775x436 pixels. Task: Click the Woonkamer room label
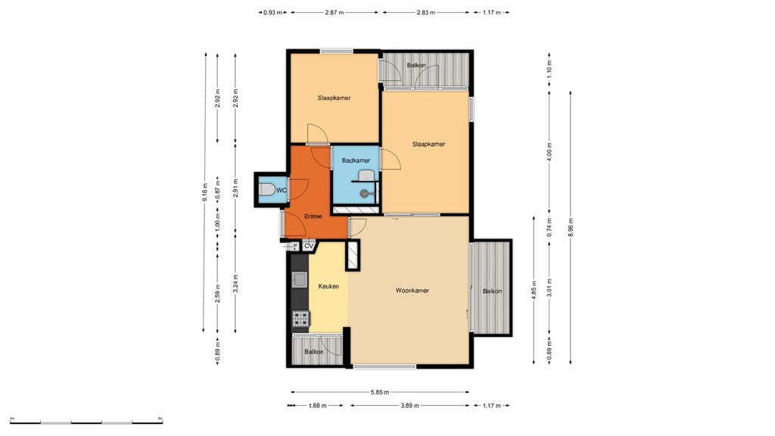[x=412, y=290]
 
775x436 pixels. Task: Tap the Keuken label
[x=328, y=286]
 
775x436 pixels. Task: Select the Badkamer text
[x=356, y=160]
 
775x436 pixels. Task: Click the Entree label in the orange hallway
[x=313, y=217]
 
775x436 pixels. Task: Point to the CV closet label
[x=309, y=246]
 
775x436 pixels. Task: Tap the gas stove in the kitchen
[x=300, y=319]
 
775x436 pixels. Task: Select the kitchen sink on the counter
[x=300, y=279]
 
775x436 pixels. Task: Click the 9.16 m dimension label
[x=204, y=192]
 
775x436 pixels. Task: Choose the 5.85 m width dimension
[x=380, y=392]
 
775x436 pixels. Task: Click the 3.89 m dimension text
[x=409, y=406]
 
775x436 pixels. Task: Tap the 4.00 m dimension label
[x=550, y=152]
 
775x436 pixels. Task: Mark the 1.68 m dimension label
[x=318, y=406]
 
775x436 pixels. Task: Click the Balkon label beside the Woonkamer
[x=492, y=291]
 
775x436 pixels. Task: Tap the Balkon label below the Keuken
[x=314, y=352]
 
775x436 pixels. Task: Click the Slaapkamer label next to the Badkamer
[x=428, y=144]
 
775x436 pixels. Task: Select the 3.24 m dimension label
[x=236, y=282]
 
